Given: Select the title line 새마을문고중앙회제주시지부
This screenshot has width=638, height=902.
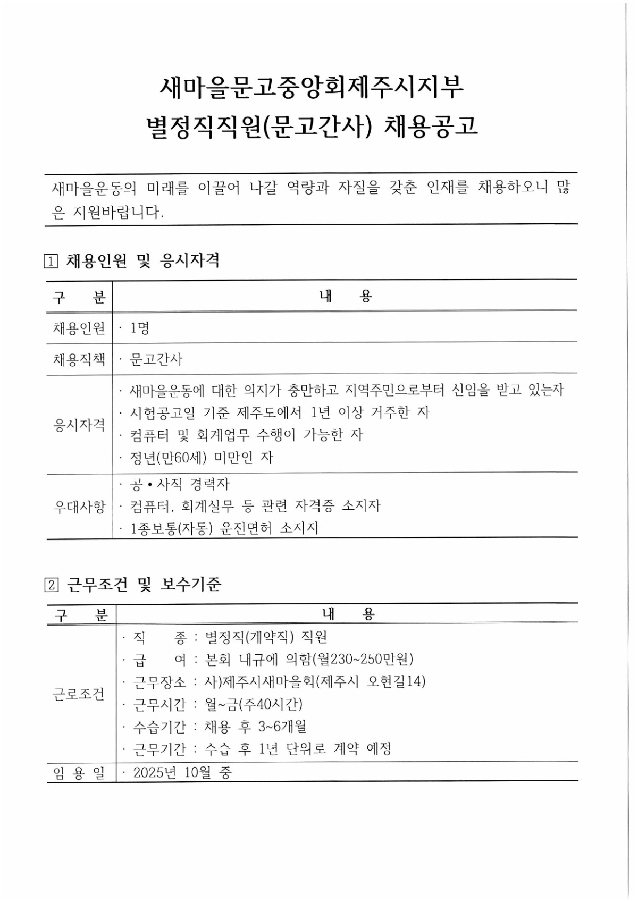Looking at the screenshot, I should click(x=313, y=87).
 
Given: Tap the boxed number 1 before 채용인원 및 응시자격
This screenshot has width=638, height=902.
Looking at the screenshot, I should click(x=51, y=262).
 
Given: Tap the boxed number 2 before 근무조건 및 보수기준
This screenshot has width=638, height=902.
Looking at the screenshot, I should click(x=51, y=585).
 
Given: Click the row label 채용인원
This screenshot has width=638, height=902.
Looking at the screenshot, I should click(x=79, y=328).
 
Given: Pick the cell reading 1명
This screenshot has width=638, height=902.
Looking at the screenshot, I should click(x=140, y=328).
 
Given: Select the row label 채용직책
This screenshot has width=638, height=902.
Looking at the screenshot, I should click(x=79, y=360).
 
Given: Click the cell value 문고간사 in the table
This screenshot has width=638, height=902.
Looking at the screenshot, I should click(x=156, y=360).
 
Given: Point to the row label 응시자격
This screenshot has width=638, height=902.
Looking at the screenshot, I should click(x=79, y=425).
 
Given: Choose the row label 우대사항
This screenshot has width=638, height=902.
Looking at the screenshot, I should click(x=79, y=507).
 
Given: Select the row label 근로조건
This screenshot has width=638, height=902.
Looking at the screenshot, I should click(x=79, y=694).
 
